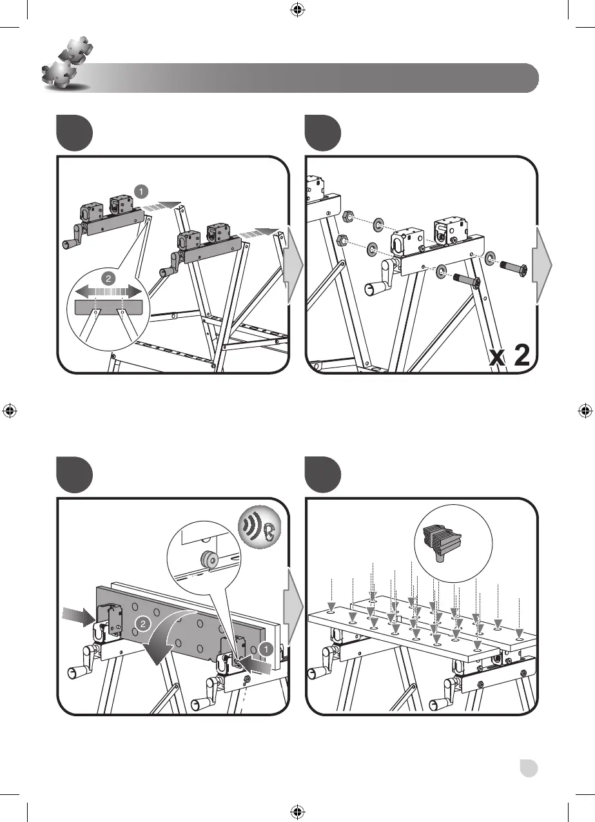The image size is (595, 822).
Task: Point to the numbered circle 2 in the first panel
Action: pyautogui.click(x=109, y=279)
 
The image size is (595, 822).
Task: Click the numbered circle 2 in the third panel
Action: pyautogui.click(x=146, y=623)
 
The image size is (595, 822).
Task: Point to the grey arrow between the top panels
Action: pyautogui.click(x=293, y=264)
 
